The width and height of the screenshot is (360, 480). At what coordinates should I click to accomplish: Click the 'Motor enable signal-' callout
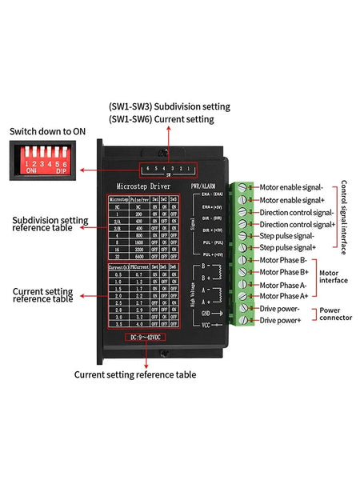click(296, 187)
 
